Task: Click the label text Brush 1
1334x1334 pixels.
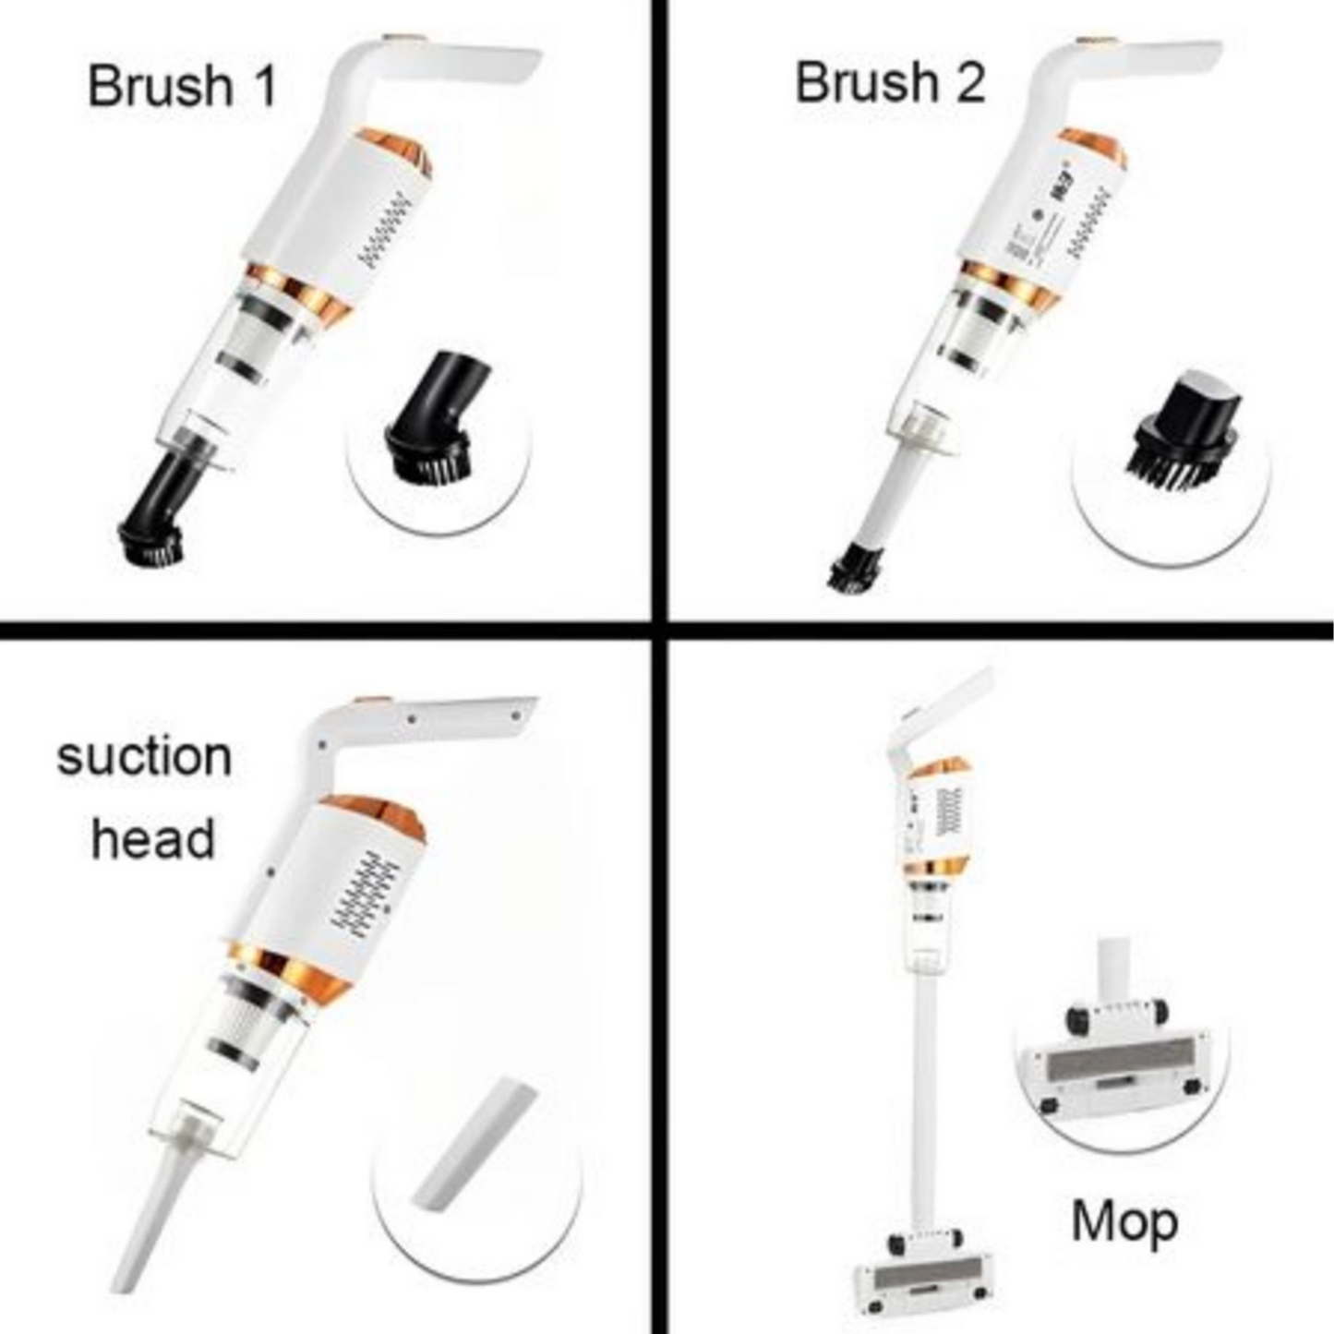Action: (182, 86)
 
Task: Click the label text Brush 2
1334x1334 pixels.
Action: (889, 82)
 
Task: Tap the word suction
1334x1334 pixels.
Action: (144, 757)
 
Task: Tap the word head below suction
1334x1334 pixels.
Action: (152, 839)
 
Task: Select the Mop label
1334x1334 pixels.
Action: (1124, 1221)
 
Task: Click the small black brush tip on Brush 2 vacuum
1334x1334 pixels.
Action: (854, 568)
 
